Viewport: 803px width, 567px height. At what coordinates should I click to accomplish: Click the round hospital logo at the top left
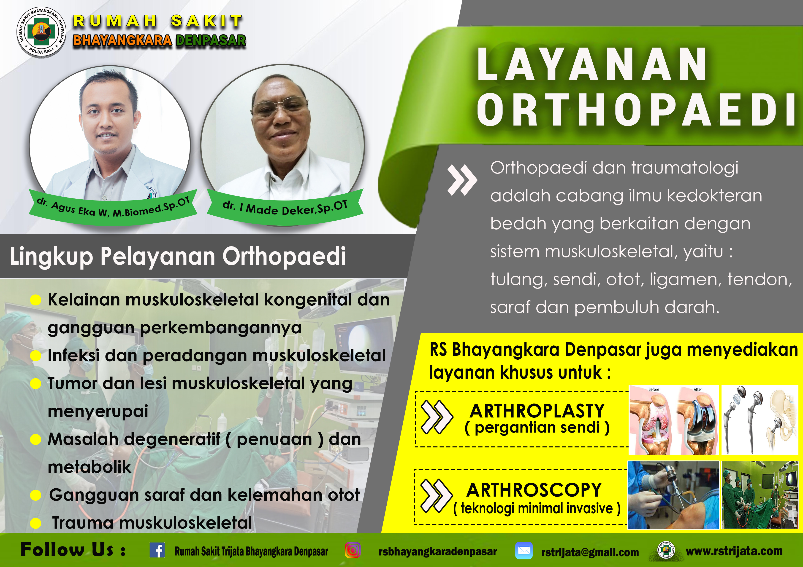(41, 32)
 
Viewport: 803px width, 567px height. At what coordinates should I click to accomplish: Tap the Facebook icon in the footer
(157, 550)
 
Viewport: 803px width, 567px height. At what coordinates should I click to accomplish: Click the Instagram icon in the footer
(353, 550)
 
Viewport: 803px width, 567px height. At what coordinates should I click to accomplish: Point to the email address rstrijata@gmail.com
(590, 552)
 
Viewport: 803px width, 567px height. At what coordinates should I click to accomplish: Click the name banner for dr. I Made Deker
(285, 207)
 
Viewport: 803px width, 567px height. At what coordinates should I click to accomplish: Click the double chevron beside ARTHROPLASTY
(437, 417)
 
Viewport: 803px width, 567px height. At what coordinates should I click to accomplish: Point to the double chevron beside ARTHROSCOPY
(436, 496)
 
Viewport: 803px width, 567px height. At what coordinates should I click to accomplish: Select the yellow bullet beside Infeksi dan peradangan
(36, 356)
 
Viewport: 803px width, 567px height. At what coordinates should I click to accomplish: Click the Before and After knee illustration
(674, 420)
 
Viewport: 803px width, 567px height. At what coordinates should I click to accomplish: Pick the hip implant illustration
(760, 420)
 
